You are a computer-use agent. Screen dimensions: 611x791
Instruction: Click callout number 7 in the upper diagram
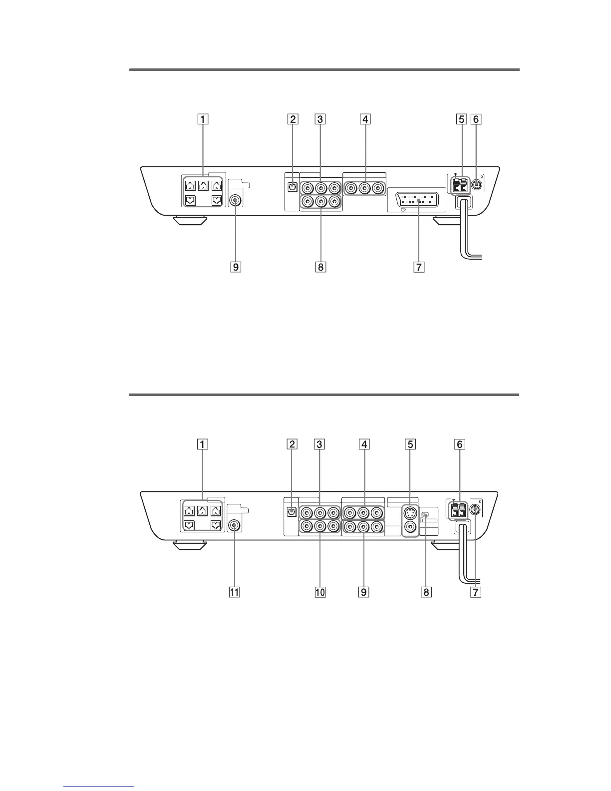tap(418, 267)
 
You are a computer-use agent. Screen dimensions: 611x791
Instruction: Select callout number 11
tap(234, 592)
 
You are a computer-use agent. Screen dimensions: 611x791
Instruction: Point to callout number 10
tap(319, 592)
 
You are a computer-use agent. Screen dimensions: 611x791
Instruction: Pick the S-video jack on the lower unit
tap(410, 512)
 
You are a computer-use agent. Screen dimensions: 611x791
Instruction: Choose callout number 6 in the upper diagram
tap(477, 119)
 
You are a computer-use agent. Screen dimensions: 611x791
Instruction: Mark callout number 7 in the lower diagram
tap(477, 592)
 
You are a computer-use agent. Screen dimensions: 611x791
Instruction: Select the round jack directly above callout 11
tap(234, 525)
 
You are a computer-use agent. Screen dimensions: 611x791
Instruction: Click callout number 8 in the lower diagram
tap(425, 592)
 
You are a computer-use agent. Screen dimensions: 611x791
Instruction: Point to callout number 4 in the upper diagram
tap(365, 119)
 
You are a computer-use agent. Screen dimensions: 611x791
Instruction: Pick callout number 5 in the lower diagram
tap(410, 444)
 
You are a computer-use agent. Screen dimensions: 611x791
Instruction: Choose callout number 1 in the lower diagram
tap(203, 444)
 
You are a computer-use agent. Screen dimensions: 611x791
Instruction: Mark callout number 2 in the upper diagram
tap(293, 119)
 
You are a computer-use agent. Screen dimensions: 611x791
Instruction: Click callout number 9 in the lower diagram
tap(364, 592)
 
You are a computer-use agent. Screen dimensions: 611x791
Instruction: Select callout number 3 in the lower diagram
tap(319, 444)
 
